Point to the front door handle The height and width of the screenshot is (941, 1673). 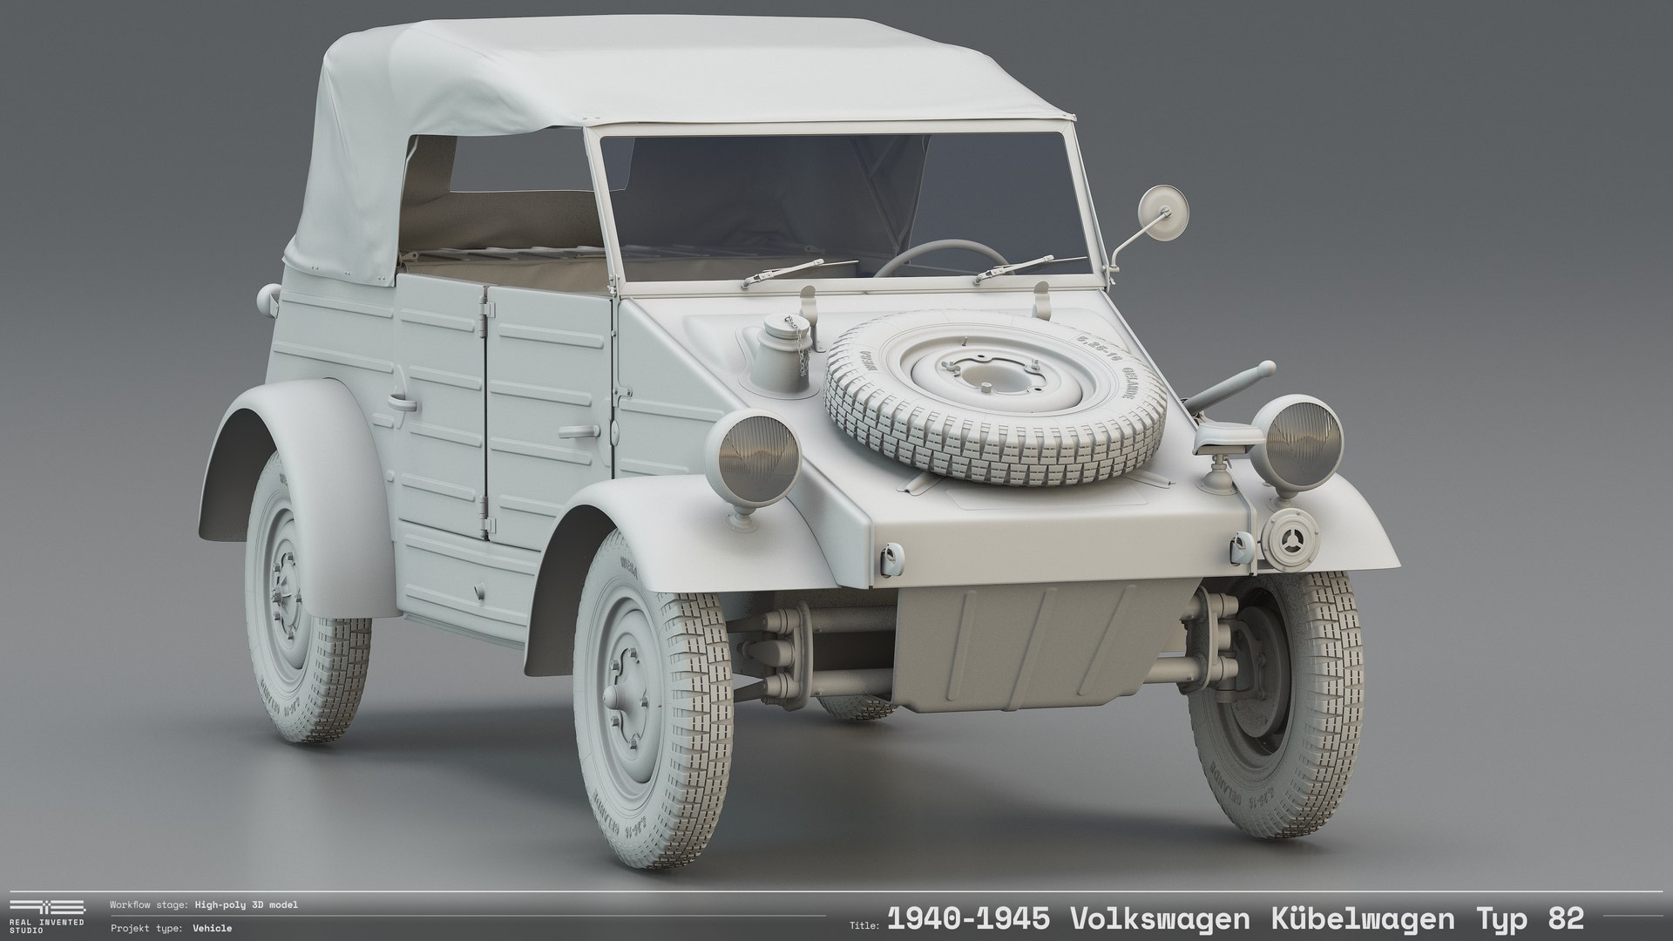coord(577,431)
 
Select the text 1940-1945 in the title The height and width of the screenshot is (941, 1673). coord(967,918)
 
